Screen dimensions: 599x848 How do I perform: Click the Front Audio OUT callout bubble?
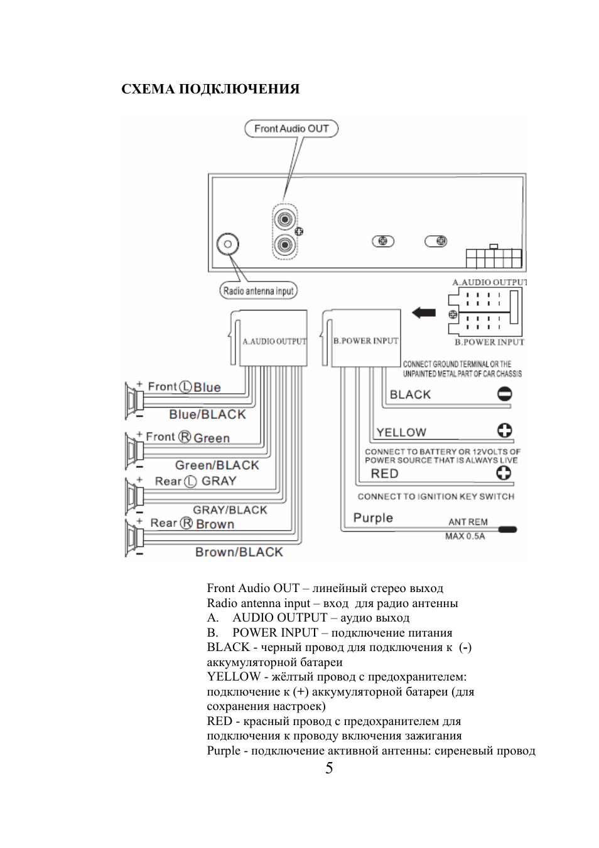click(x=291, y=129)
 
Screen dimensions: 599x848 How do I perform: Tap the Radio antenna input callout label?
click(x=259, y=291)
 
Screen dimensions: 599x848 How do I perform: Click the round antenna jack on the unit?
click(x=227, y=244)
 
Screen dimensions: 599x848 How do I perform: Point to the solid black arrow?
click(x=424, y=313)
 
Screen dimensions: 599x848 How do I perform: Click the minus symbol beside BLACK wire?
click(x=505, y=394)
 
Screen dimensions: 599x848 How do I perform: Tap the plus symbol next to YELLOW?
click(x=505, y=430)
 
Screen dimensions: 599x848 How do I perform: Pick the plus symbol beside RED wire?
click(x=504, y=473)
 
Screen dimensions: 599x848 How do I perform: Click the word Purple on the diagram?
click(x=373, y=518)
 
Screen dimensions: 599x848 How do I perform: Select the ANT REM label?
click(x=468, y=522)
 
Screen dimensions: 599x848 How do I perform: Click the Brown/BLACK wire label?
click(x=239, y=552)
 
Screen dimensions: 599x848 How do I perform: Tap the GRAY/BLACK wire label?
click(x=230, y=510)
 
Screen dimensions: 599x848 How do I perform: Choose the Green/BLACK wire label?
click(x=217, y=465)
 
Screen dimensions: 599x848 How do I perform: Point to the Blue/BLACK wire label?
click(x=207, y=415)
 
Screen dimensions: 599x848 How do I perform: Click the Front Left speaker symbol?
click(x=134, y=401)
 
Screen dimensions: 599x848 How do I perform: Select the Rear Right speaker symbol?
click(x=134, y=538)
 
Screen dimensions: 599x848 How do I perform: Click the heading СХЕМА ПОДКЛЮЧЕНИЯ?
click(x=210, y=89)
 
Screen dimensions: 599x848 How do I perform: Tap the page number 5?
click(x=329, y=768)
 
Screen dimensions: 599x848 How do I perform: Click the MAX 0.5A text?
click(x=465, y=536)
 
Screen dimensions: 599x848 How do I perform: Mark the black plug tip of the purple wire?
click(x=507, y=529)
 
